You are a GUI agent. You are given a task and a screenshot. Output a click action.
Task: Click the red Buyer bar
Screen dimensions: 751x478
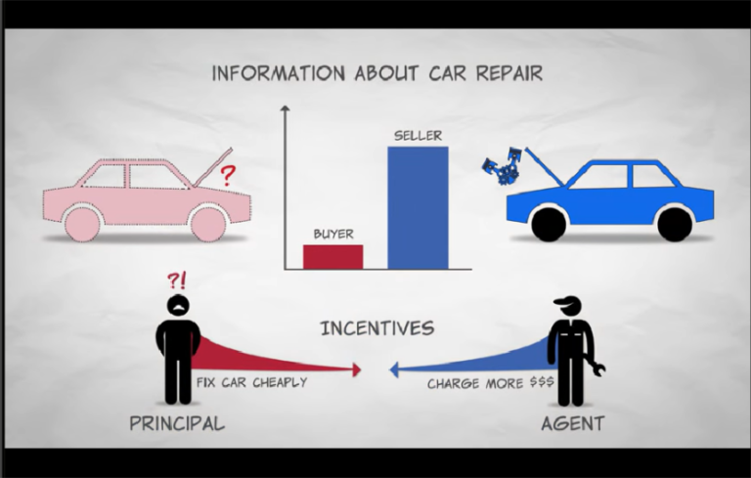[332, 257]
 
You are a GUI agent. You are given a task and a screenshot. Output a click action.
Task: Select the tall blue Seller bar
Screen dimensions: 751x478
[418, 208]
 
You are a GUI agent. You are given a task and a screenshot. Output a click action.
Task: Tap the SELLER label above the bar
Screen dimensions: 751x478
[418, 136]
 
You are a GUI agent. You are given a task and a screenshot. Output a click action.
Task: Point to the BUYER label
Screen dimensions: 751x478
[333, 235]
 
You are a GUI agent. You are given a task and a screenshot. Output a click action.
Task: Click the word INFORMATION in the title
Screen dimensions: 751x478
[279, 73]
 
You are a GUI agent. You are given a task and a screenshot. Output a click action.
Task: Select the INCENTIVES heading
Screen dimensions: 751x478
[377, 328]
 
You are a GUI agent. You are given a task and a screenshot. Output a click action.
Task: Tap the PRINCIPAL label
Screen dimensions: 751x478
[177, 423]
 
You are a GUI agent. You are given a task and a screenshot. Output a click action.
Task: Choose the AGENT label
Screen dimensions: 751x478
[573, 423]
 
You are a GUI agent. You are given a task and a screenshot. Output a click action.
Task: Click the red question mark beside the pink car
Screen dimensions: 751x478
[228, 175]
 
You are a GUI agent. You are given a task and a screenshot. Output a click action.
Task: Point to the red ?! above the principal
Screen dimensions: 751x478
[176, 281]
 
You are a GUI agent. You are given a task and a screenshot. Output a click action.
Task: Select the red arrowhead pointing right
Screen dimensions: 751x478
[356, 369]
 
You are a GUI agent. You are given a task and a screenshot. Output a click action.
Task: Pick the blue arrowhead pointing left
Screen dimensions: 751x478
[394, 369]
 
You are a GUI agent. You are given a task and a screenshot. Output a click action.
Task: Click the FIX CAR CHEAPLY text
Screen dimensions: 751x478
[252, 382]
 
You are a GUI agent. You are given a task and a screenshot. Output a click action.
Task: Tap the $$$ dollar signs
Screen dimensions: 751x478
[542, 382]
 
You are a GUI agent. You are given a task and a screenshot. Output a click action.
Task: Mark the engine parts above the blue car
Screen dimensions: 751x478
[503, 166]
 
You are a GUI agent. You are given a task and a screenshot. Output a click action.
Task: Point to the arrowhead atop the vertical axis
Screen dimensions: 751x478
[285, 109]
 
